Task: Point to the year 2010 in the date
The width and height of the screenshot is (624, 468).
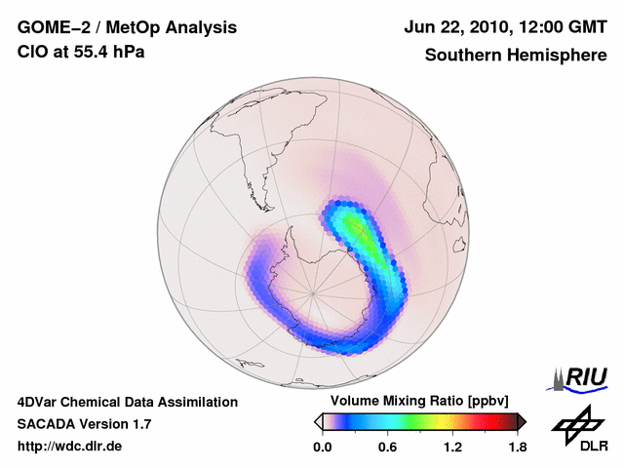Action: point(487,28)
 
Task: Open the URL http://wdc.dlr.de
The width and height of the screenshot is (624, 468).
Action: point(70,447)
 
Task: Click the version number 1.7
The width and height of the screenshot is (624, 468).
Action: point(139,424)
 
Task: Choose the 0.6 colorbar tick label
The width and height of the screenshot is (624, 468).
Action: point(387,447)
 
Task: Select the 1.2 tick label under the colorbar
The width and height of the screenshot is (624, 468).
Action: point(452,447)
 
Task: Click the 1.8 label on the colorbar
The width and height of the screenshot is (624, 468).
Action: point(517,447)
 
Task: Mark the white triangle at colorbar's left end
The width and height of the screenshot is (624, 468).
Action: point(318,421)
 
